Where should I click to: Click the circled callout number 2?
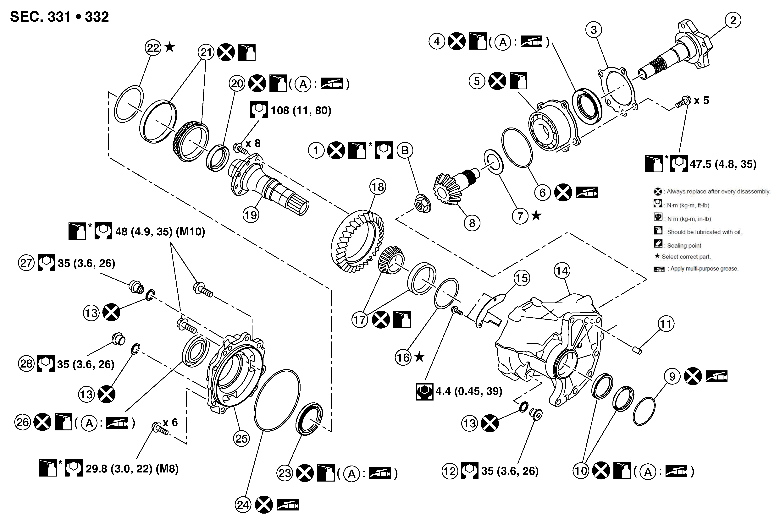pos(733,20)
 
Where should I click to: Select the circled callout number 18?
pos(378,187)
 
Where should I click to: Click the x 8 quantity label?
pos(253,143)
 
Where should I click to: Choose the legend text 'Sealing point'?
pos(684,246)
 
